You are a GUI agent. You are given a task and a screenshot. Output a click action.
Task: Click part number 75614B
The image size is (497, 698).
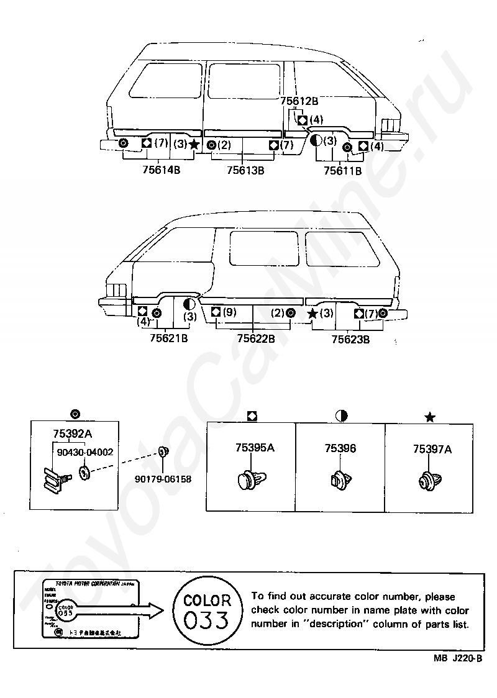160,170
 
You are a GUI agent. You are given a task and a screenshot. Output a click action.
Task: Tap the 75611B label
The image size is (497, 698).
342,170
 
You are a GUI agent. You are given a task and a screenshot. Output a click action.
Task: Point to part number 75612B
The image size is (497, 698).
299,101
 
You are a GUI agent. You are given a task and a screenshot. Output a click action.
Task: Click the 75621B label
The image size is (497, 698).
169,338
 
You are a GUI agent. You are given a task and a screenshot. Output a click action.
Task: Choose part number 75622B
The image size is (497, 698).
256,338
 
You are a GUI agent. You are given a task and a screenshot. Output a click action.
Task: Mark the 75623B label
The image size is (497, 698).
350,340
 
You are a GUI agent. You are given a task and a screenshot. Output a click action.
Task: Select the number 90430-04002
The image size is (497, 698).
85,453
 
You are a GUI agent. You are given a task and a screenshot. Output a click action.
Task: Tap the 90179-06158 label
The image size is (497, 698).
163,479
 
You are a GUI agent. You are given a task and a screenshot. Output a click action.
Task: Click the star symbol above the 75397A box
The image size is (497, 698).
429,417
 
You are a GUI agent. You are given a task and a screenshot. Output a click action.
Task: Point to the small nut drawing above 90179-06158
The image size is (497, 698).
165,451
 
